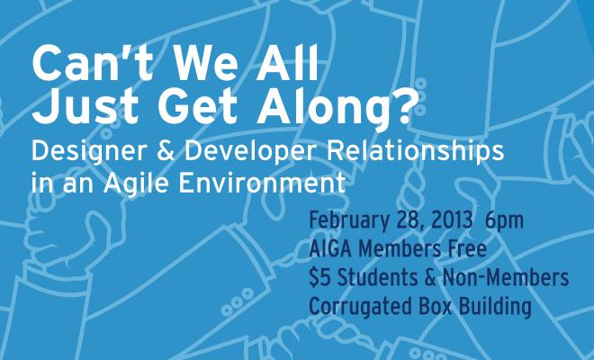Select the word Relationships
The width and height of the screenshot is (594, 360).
tap(415, 152)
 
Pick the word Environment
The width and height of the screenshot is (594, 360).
tap(262, 184)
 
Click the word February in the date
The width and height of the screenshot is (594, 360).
tap(349, 221)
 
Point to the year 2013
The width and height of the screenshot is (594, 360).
tap(452, 220)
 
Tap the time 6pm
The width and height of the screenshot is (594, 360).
tap(504, 221)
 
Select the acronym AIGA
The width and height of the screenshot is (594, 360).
tap(331, 249)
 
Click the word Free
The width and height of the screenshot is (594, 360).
tap(467, 249)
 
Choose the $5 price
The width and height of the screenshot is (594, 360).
tap(319, 277)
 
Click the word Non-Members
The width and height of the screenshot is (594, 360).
tap(506, 277)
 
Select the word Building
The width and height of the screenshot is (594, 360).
tap(495, 307)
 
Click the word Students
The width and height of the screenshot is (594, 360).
tap(377, 277)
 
